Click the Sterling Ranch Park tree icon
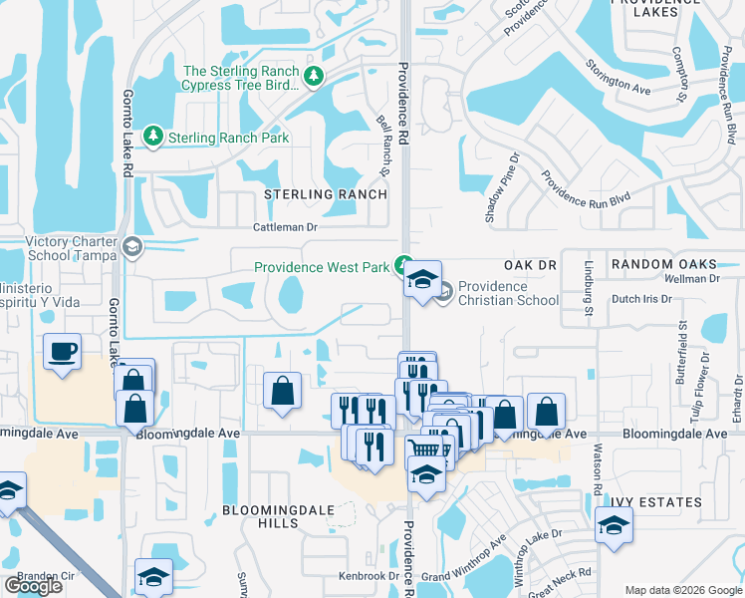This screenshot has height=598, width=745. tap(153, 137)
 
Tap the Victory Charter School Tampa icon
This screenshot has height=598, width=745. tap(132, 246)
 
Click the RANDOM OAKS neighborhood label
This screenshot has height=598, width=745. tap(663, 263)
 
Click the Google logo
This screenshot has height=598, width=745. tap(33, 586)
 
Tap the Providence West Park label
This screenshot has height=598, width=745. tap(321, 267)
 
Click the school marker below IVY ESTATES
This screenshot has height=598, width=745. tap(614, 525)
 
